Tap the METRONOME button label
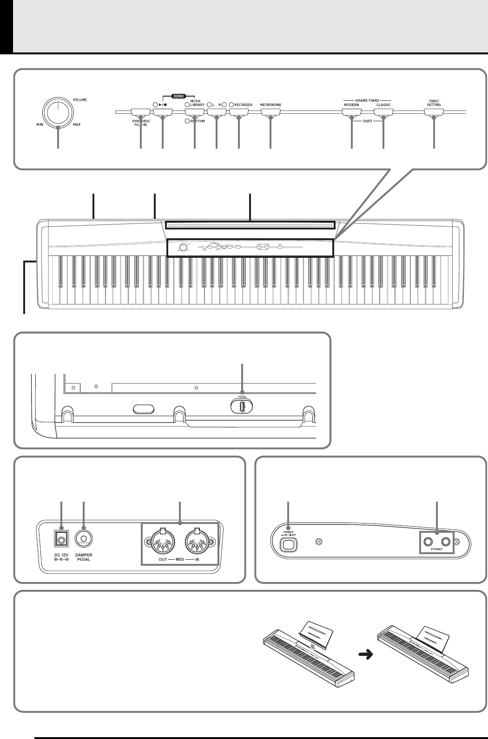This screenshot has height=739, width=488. tap(270, 105)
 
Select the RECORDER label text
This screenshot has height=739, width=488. tap(244, 105)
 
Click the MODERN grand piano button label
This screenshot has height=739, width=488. tap(351, 105)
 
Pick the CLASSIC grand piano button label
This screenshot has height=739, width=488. tap(383, 105)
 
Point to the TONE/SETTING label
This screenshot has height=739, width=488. tap(434, 103)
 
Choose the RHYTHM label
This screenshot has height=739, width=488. tap(197, 121)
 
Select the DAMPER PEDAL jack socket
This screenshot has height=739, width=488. tap(84, 539)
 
